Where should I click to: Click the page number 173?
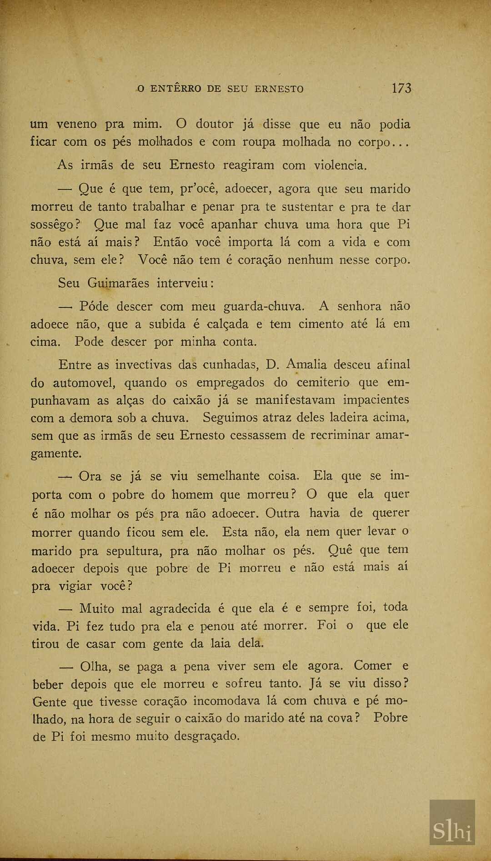click(401, 88)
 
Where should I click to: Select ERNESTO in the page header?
click(279, 89)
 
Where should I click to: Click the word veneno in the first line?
click(76, 124)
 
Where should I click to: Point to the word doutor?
click(215, 124)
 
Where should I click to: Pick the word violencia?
click(340, 165)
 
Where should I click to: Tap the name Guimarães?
click(118, 283)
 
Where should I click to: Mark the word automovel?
click(84, 383)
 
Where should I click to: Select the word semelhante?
click(235, 476)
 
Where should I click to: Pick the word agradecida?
click(180, 609)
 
